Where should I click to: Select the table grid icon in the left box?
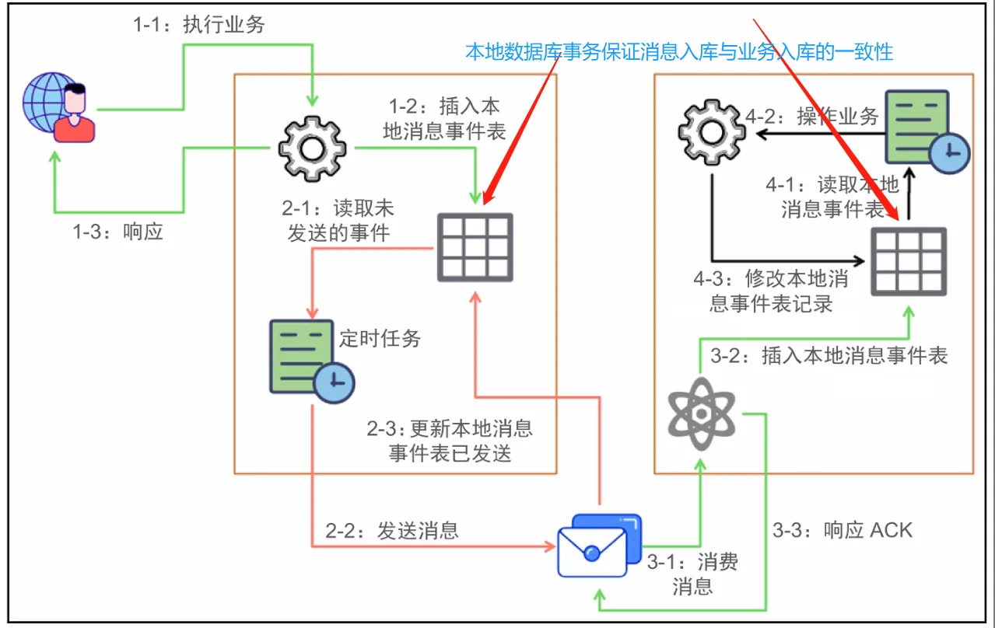pos(474,246)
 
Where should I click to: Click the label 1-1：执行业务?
pos(199,25)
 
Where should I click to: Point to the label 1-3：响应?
pos(118,232)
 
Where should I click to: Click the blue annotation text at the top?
pos(679,52)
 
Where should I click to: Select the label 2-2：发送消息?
pos(392,530)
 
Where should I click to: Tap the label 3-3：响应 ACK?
pos(842,530)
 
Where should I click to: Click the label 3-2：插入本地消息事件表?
pos(829,356)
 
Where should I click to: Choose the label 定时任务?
pos(380,338)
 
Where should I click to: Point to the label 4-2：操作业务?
pos(811,117)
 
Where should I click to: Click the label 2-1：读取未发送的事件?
pos(338,220)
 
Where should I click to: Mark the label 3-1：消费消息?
pos(692,574)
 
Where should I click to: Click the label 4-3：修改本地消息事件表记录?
pos(771,291)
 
